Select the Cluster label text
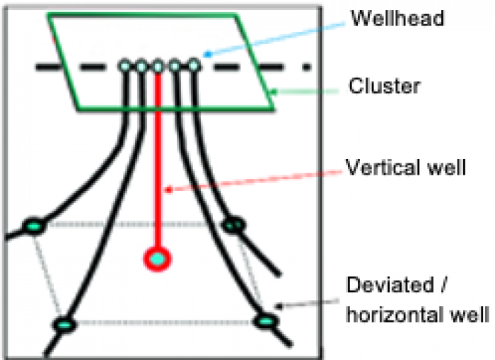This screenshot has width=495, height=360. click(385, 87)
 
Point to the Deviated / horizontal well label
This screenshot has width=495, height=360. click(417, 299)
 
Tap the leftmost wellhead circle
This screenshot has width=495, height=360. click(124, 66)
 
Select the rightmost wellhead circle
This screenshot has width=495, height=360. click(192, 66)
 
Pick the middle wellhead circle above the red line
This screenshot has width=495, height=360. click(158, 66)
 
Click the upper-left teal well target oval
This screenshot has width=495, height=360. click(33, 226)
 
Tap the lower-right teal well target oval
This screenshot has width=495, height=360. click(265, 323)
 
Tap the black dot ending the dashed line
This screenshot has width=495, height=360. click(306, 68)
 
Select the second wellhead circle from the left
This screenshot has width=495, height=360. click(141, 66)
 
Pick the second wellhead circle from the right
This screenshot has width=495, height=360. click(175, 66)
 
